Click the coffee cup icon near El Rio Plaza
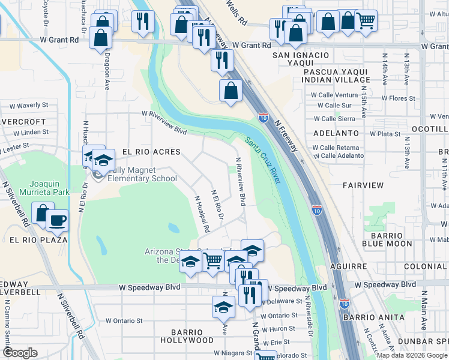click(x=58, y=220)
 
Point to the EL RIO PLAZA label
click(x=33, y=239)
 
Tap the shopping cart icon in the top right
click(x=366, y=21)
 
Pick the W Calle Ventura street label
click(x=334, y=95)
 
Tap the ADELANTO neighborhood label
click(x=335, y=133)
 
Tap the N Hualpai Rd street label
click(x=200, y=213)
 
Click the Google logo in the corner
click(x=20, y=353)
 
